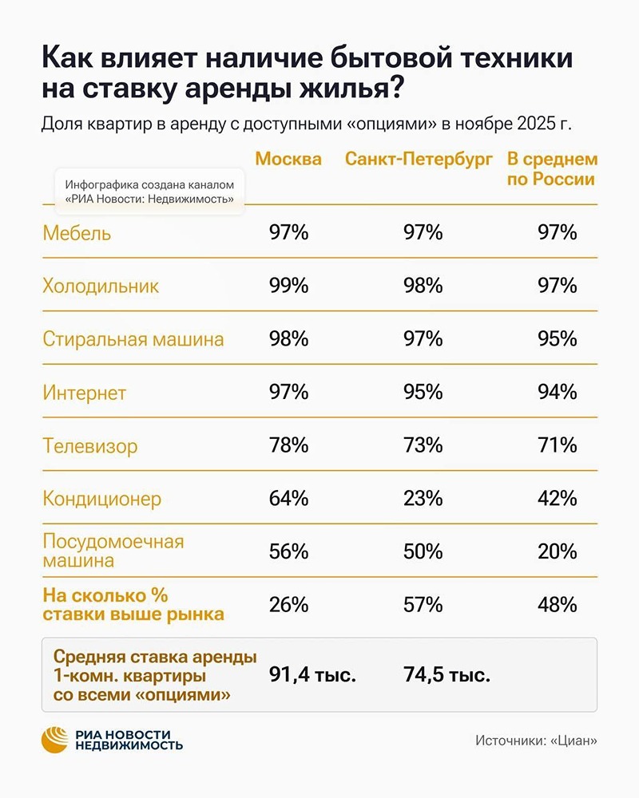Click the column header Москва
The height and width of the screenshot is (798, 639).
(x=288, y=159)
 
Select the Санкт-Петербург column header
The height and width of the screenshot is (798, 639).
(x=419, y=159)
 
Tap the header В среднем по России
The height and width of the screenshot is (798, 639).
(x=552, y=169)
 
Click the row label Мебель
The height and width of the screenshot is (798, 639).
(x=77, y=233)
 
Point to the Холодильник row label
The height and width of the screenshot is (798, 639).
(x=101, y=286)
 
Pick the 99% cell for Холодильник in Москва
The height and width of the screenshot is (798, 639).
(x=288, y=286)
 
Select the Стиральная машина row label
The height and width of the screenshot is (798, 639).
(x=133, y=339)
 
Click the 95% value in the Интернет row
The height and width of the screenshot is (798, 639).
(x=423, y=392)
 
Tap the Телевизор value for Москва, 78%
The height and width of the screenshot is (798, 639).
(x=288, y=445)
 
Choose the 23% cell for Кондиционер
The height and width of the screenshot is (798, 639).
(x=423, y=499)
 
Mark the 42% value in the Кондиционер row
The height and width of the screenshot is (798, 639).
(x=557, y=499)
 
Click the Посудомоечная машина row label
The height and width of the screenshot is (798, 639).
(x=113, y=551)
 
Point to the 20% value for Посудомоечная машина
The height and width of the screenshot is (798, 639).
(x=557, y=551)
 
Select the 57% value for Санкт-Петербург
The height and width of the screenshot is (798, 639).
(x=423, y=605)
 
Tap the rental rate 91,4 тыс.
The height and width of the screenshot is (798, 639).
(x=311, y=675)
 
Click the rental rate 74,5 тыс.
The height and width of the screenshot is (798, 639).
(x=445, y=675)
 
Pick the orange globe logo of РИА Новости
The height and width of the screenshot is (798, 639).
(x=56, y=741)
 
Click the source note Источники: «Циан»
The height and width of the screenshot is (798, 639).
(x=536, y=741)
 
